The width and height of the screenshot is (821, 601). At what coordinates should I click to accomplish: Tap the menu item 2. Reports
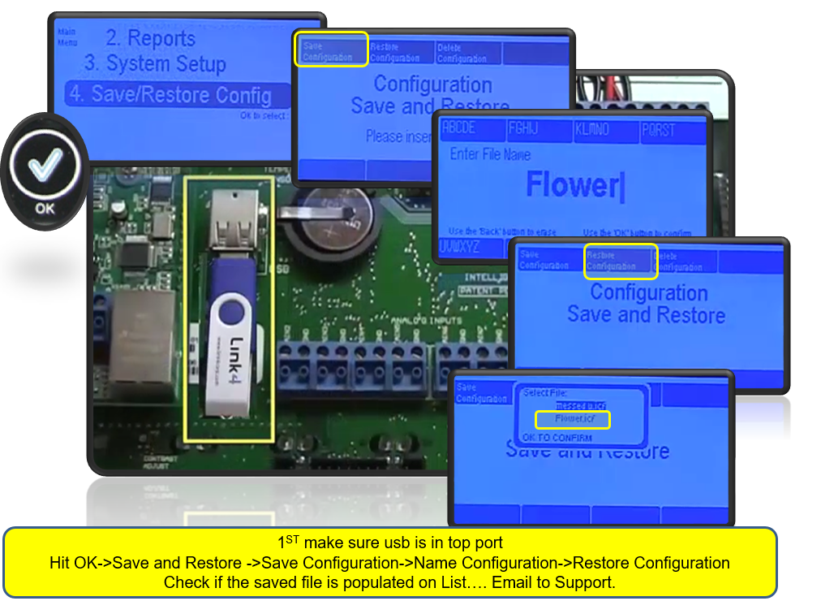coord(150,38)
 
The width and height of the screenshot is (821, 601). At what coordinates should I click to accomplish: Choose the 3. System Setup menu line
coord(154,63)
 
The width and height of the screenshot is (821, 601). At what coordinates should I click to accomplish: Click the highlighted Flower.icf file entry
coord(572,419)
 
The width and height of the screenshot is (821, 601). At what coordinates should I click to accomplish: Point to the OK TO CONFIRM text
coord(557,438)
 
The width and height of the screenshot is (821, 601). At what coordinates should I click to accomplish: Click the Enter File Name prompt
coord(490,154)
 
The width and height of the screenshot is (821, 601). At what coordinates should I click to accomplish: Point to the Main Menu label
coord(67,37)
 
